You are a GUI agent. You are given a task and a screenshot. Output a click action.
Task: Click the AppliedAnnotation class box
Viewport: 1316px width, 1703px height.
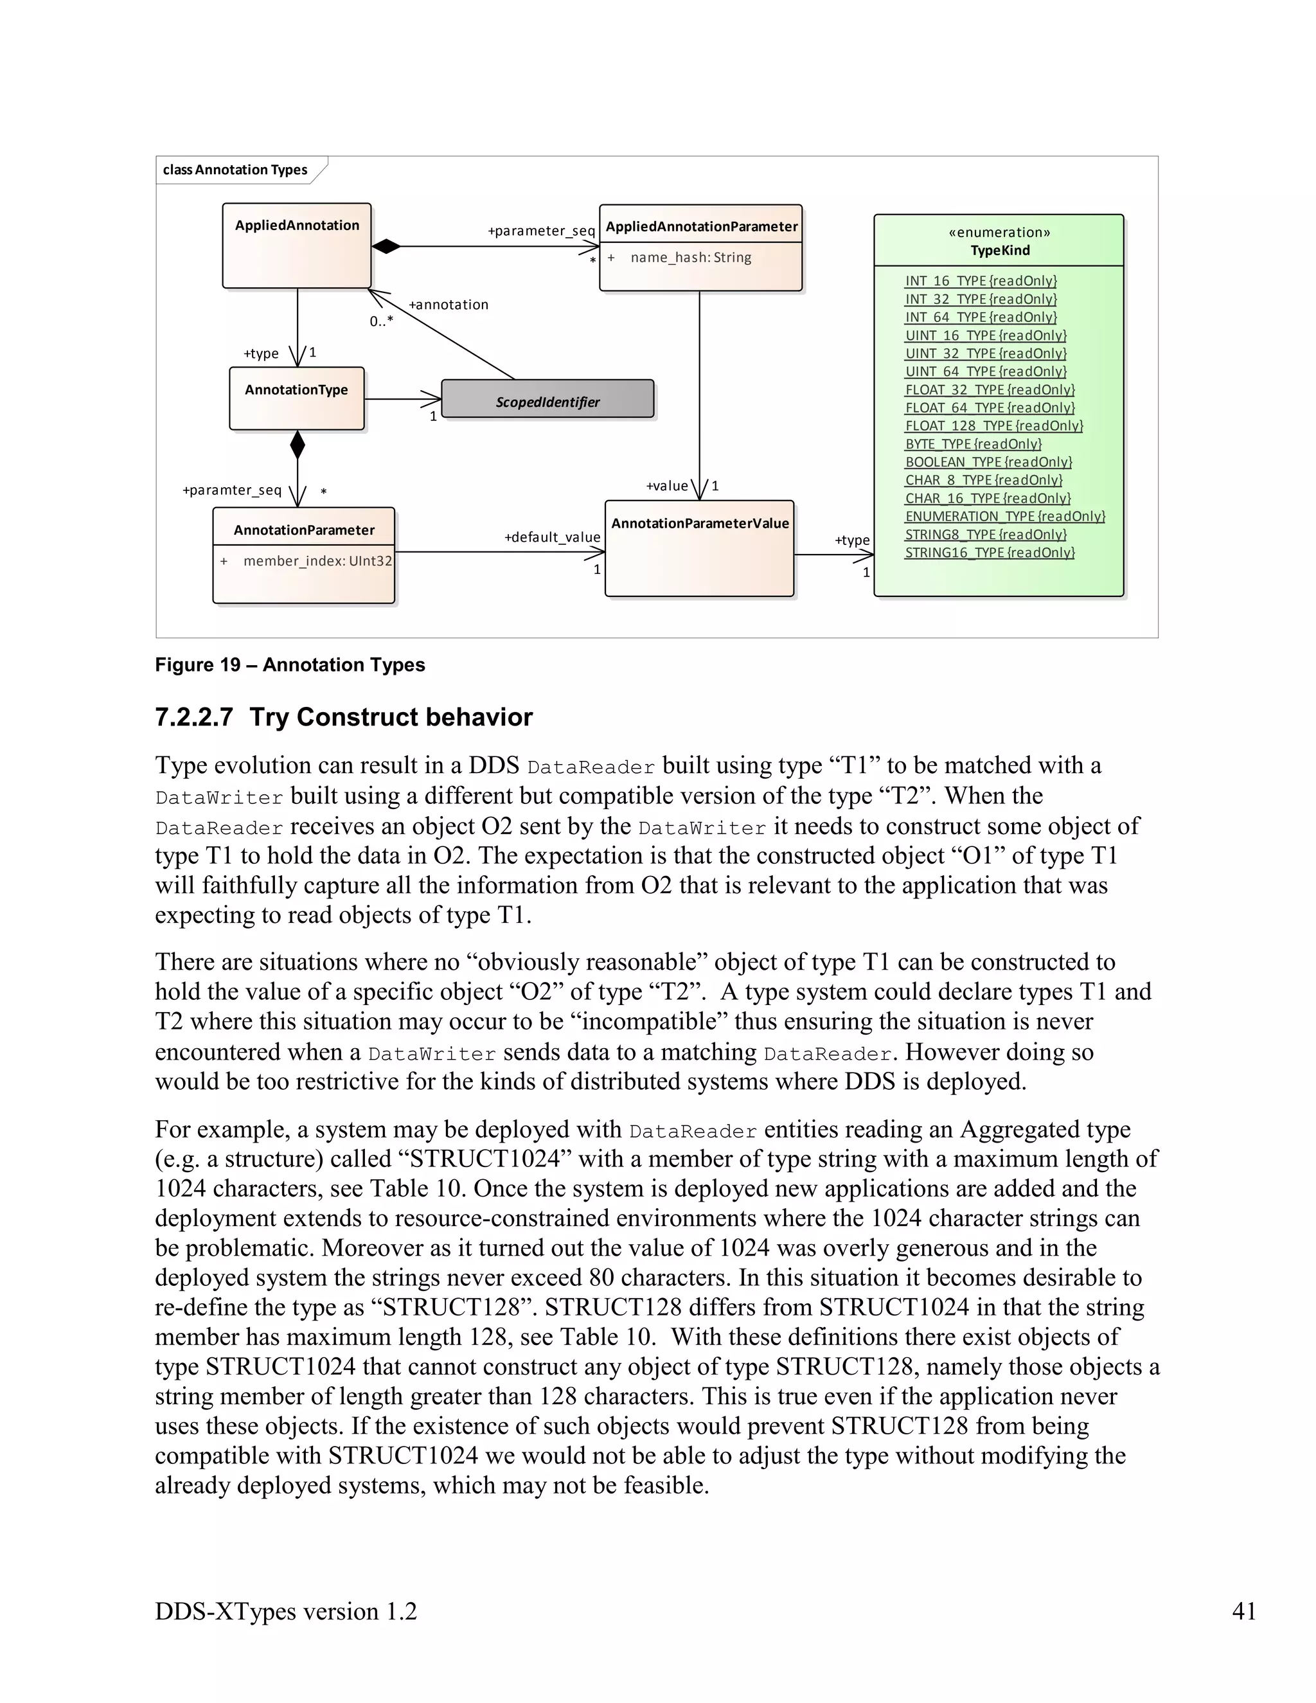tap(296, 245)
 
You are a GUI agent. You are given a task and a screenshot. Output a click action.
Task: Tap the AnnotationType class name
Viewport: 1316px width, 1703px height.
tap(296, 390)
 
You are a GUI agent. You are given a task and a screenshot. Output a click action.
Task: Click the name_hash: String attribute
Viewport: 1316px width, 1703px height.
tap(690, 257)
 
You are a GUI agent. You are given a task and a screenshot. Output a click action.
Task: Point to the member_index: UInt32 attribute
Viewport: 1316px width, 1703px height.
tap(317, 560)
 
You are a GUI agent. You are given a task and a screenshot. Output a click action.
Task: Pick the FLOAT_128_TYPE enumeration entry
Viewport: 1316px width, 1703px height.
tap(993, 425)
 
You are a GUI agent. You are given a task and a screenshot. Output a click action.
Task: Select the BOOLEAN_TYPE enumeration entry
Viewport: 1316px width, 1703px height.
tap(988, 461)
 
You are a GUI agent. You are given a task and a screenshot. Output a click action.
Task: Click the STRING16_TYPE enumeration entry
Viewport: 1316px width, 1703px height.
tap(990, 552)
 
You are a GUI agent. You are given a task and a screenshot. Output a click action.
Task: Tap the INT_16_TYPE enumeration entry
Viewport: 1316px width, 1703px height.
tap(980, 281)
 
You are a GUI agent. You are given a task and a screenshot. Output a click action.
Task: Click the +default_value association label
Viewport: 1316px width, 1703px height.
tap(552, 537)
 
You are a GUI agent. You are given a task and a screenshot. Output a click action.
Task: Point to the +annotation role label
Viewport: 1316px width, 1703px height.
tap(449, 305)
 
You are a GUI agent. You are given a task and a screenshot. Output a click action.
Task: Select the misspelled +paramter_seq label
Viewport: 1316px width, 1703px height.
tap(231, 490)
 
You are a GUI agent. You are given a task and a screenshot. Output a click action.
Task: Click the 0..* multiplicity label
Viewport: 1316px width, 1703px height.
tap(381, 321)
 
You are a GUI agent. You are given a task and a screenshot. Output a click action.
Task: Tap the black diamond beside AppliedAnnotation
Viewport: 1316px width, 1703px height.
tap(386, 246)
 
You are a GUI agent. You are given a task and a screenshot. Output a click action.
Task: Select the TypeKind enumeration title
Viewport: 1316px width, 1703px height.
tap(999, 250)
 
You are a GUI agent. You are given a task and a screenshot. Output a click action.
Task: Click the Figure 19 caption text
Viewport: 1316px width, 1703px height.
tap(290, 664)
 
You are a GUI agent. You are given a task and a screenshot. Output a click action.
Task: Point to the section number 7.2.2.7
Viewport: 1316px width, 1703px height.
tap(194, 717)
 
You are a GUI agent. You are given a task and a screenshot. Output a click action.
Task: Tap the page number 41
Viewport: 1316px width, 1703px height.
tap(1243, 1610)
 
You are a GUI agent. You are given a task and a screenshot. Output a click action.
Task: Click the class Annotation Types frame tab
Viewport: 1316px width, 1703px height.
tap(235, 170)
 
